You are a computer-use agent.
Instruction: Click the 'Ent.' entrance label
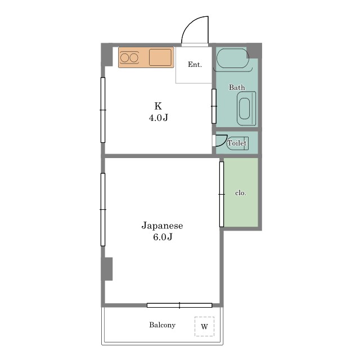tap(195, 65)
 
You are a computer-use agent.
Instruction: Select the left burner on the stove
tap(124, 58)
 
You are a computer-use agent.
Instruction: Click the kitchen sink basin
tap(160, 57)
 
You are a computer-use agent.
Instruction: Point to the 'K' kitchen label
tap(158, 106)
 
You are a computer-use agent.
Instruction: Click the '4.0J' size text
tap(159, 118)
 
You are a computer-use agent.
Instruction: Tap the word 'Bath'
tap(237, 88)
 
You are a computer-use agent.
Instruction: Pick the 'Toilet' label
tap(237, 143)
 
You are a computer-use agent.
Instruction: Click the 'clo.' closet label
tap(241, 193)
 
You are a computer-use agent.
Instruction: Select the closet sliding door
tap(222, 194)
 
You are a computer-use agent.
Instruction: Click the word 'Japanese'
tap(162, 226)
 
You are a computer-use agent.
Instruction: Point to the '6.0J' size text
tap(163, 237)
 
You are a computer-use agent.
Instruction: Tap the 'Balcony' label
tap(163, 325)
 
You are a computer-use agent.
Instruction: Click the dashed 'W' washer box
tap(204, 326)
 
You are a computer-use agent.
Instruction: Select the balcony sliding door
tap(179, 305)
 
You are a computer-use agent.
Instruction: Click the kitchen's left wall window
tap(103, 110)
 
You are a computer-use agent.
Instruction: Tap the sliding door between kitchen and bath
tap(214, 106)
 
